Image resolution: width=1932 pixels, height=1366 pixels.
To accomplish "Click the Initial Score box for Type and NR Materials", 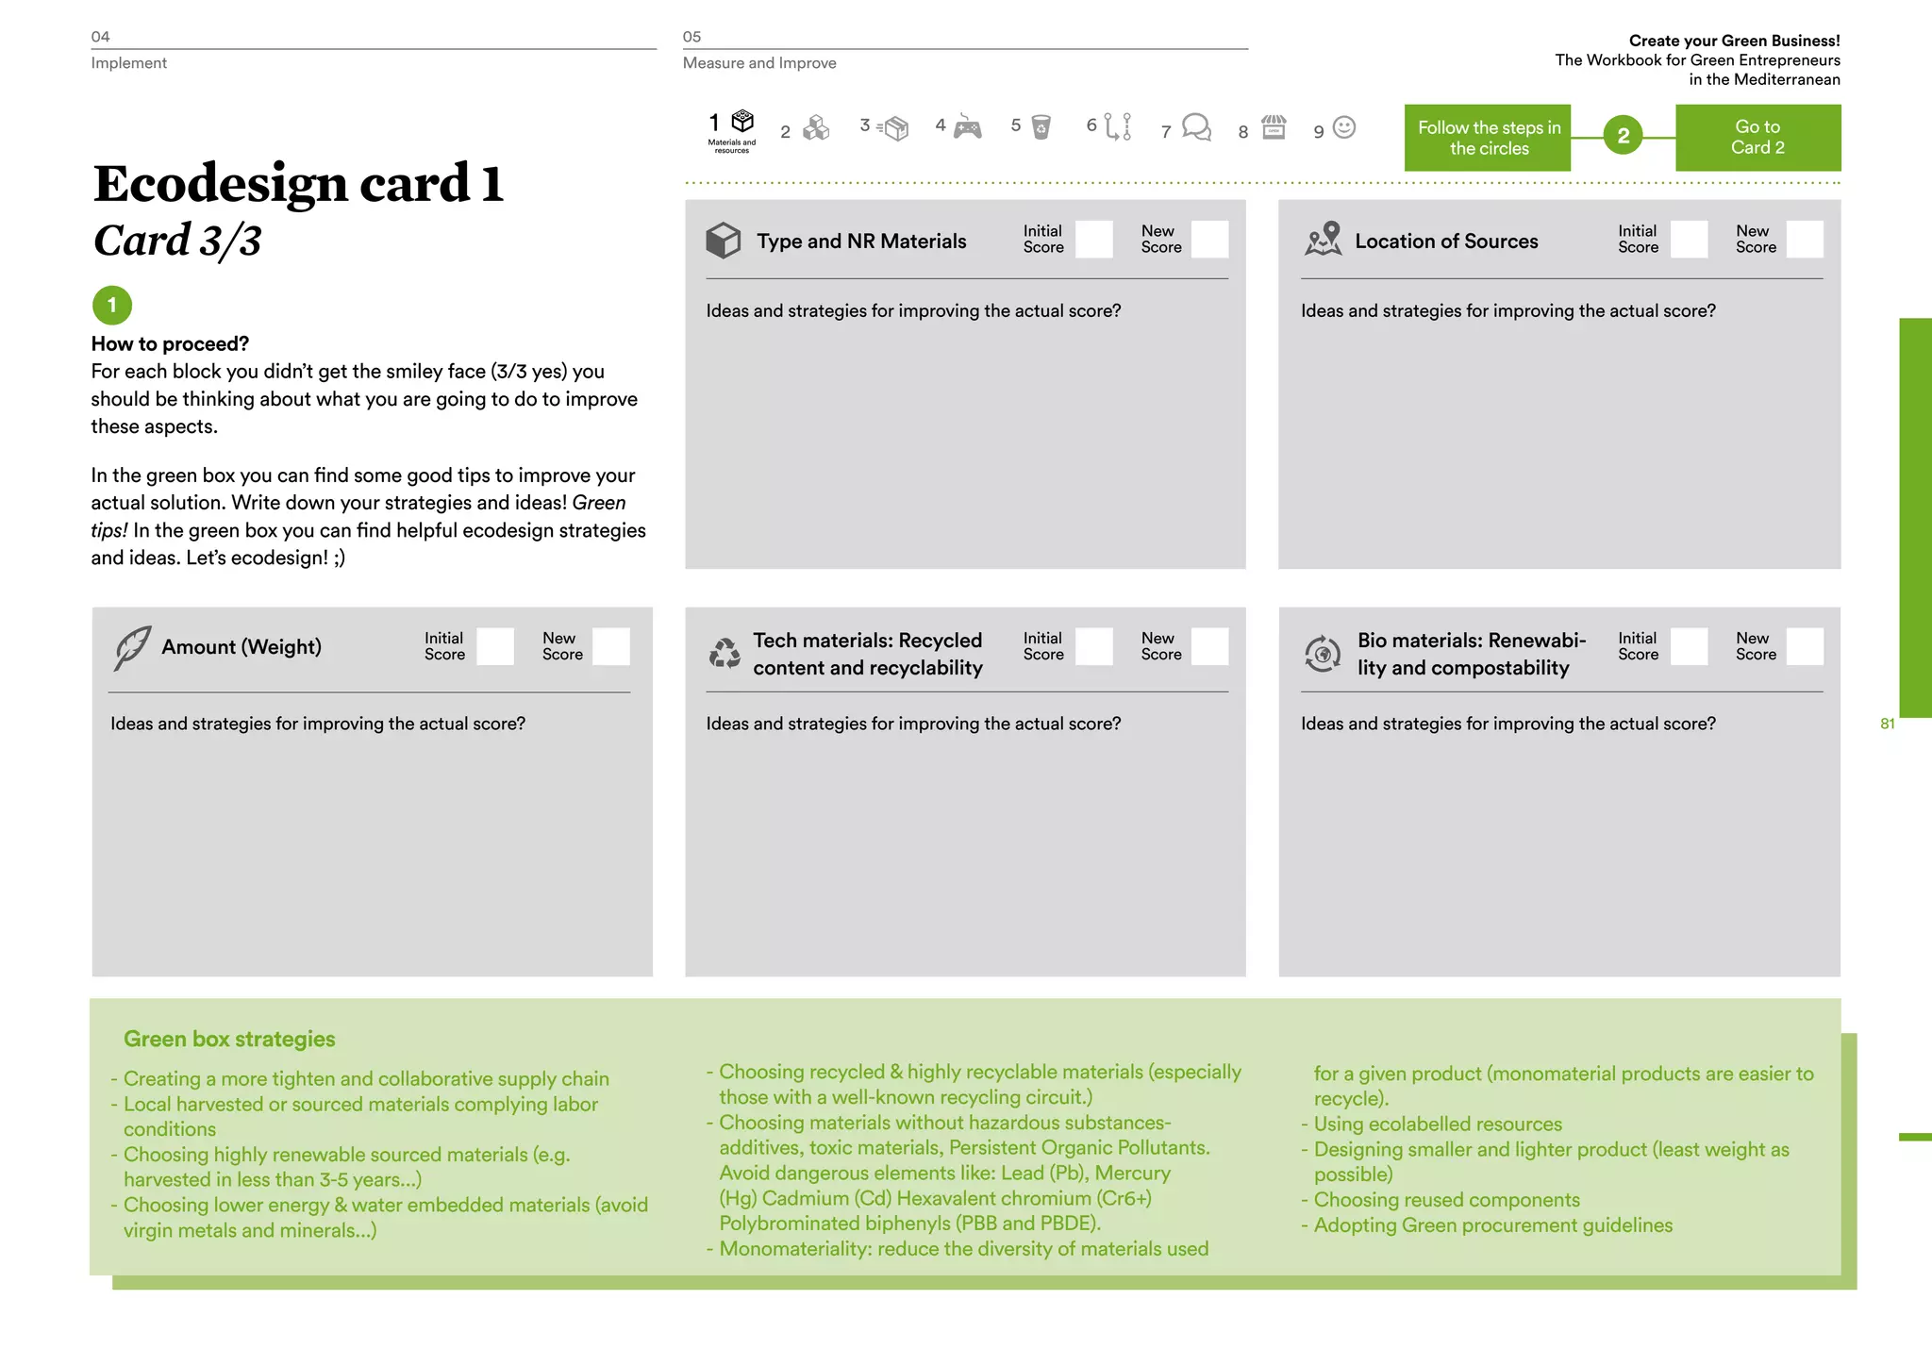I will pyautogui.click(x=1093, y=240).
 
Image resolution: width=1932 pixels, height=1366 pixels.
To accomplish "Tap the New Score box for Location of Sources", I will pyautogui.click(x=1804, y=240).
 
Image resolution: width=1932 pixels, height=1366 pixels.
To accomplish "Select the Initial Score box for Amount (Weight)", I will pyautogui.click(x=495, y=647).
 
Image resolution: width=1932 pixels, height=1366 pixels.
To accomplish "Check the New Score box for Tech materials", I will pyautogui.click(x=1209, y=647).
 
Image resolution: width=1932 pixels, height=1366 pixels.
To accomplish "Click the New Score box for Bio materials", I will pyautogui.click(x=1804, y=647).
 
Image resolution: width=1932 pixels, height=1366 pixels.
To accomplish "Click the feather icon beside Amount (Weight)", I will pyautogui.click(x=132, y=648).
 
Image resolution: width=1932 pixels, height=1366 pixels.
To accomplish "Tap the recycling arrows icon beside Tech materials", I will pyautogui.click(x=724, y=653).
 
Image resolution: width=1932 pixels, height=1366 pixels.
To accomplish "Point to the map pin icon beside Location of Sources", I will pyautogui.click(x=1324, y=240).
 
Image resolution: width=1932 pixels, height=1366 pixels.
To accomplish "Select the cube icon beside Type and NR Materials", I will pyautogui.click(x=724, y=241).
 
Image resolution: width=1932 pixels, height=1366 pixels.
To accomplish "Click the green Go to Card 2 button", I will pyautogui.click(x=1757, y=138).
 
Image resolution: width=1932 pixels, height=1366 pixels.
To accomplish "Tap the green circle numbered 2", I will pyautogui.click(x=1623, y=137).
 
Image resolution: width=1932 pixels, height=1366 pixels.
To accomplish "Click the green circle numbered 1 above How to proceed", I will pyautogui.click(x=112, y=306).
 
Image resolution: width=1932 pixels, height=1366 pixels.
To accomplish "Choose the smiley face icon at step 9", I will pyautogui.click(x=1344, y=127).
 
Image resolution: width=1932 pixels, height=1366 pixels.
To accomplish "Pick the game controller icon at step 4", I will pyautogui.click(x=967, y=127).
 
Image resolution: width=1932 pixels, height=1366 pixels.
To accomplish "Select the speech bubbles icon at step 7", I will pyautogui.click(x=1196, y=127).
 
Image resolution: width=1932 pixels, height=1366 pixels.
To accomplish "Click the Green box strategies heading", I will pyautogui.click(x=229, y=1040).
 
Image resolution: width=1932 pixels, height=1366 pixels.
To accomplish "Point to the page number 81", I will pyautogui.click(x=1887, y=725).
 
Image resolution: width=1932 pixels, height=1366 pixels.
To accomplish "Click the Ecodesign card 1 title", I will pyautogui.click(x=298, y=183).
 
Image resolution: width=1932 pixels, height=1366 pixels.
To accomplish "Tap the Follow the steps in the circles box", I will pyautogui.click(x=1488, y=138).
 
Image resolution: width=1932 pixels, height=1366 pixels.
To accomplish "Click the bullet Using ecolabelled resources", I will pyautogui.click(x=1438, y=1124).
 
